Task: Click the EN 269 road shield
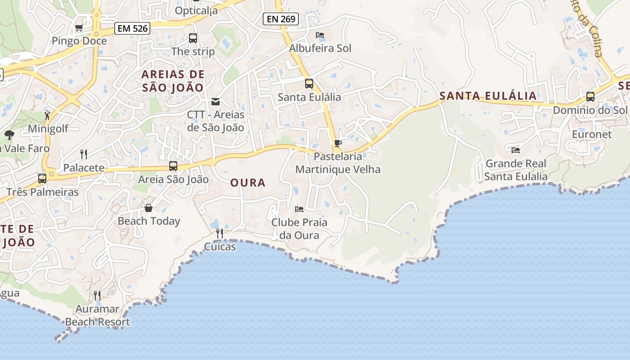point(281,19)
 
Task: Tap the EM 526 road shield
point(132,29)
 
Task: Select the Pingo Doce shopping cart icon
point(79,28)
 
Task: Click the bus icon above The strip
point(193,38)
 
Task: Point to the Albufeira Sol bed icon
point(320,35)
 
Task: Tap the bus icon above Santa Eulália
point(309,84)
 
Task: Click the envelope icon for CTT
point(216,102)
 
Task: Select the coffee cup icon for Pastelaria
point(338,144)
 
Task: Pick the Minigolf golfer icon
point(48,116)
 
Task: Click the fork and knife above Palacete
point(84,154)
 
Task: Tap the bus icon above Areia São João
point(173,166)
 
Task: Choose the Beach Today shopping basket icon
point(148,208)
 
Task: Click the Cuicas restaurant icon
point(220,233)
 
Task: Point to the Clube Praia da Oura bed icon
point(299,209)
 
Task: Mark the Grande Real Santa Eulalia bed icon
point(516,150)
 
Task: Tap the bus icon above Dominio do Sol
point(590,97)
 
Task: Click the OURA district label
point(248,183)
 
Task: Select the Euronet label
point(592,134)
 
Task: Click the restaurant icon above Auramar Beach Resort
point(97,295)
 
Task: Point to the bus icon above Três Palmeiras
point(42,179)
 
